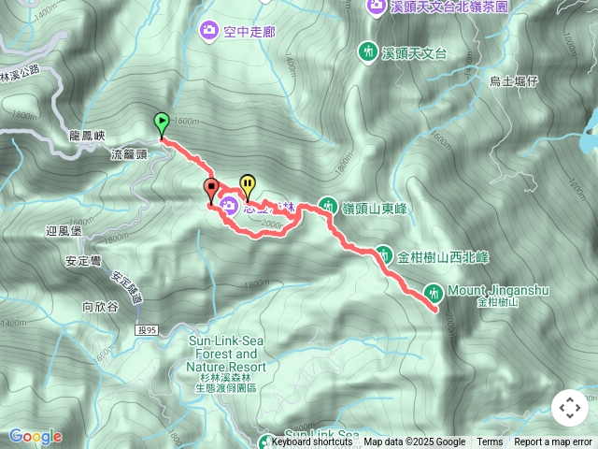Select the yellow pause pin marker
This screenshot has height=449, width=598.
[248, 185]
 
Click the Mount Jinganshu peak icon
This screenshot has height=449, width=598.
[434, 291]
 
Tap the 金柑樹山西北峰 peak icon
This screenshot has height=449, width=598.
[385, 254]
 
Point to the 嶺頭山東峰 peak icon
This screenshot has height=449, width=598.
[328, 204]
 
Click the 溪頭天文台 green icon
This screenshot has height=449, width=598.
[369, 51]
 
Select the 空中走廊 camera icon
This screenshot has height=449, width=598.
[208, 31]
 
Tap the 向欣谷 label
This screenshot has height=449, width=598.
[100, 305]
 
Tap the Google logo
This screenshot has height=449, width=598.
[36, 436]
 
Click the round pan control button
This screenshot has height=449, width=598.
[569, 408]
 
